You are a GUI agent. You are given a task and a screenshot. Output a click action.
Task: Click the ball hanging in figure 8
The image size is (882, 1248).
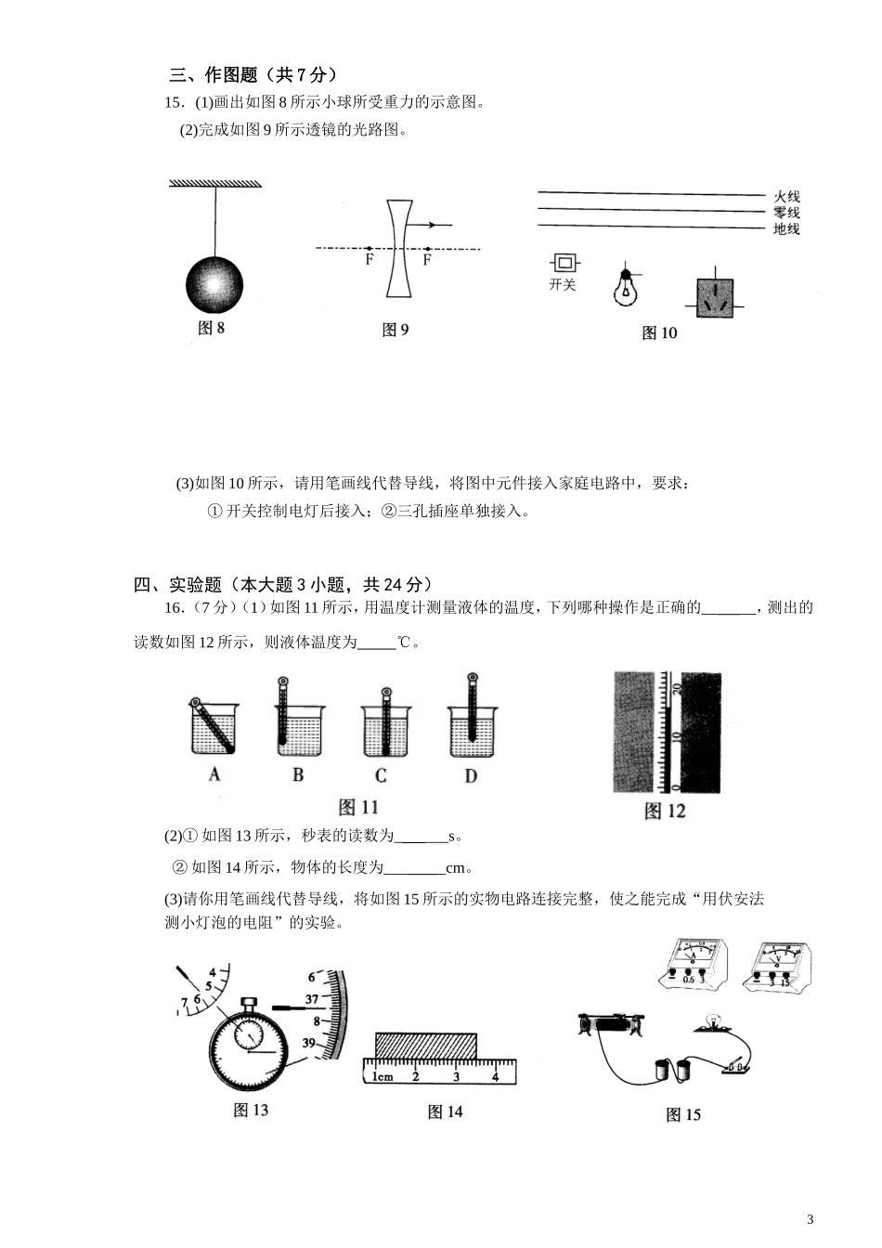point(214,284)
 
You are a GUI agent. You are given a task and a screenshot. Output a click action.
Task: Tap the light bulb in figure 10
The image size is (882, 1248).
point(627,289)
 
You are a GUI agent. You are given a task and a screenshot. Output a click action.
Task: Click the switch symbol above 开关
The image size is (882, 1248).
point(562,263)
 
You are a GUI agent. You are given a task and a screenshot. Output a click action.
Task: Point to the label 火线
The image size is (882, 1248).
point(786,197)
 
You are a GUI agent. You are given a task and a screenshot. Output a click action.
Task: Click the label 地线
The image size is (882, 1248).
point(786,229)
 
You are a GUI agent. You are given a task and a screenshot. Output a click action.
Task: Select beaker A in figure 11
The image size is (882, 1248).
point(214,728)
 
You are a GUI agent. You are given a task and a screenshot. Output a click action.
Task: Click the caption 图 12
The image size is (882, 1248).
point(665,812)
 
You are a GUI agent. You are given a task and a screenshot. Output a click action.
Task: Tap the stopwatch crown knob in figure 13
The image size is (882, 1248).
point(249,1003)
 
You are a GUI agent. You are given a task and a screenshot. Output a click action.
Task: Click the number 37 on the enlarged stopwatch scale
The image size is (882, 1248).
point(312,999)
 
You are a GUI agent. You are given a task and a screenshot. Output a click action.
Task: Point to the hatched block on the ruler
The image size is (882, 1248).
point(426,1045)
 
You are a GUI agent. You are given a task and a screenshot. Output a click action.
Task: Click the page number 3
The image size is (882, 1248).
point(810,1219)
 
